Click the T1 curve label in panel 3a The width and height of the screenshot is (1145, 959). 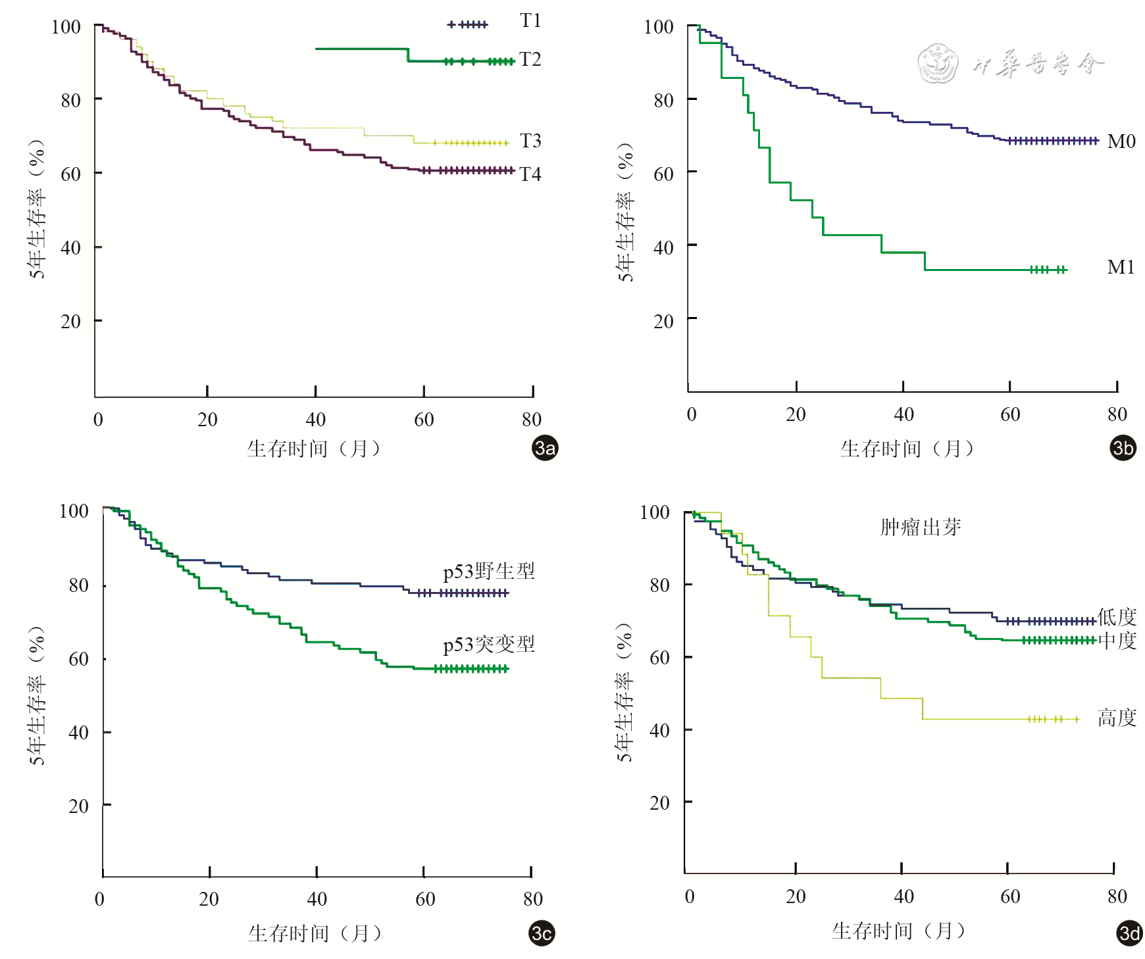(530, 21)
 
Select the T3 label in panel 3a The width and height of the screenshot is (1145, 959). (530, 141)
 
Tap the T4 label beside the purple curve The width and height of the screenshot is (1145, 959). (530, 174)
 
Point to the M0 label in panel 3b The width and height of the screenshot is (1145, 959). (1121, 141)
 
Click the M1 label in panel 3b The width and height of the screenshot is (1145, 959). (1121, 267)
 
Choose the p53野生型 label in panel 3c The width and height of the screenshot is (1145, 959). (488, 571)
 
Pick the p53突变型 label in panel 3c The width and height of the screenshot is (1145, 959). (488, 644)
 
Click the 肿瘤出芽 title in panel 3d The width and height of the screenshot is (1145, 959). (920, 527)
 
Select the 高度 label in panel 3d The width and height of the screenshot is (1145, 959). (1117, 718)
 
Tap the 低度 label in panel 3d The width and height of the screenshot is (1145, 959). (1117, 617)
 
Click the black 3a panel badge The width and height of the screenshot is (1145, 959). (545, 448)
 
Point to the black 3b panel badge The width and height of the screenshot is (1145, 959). (1123, 448)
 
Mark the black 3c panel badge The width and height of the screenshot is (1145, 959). (542, 933)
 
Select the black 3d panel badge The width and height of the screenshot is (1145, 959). (1129, 933)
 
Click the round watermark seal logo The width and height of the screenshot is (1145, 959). (938, 64)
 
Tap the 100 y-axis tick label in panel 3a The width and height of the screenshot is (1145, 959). (66, 27)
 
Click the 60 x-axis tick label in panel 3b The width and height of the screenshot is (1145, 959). (1010, 414)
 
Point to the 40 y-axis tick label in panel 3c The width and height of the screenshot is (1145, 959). (78, 733)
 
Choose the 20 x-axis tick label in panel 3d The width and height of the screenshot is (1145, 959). (796, 897)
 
